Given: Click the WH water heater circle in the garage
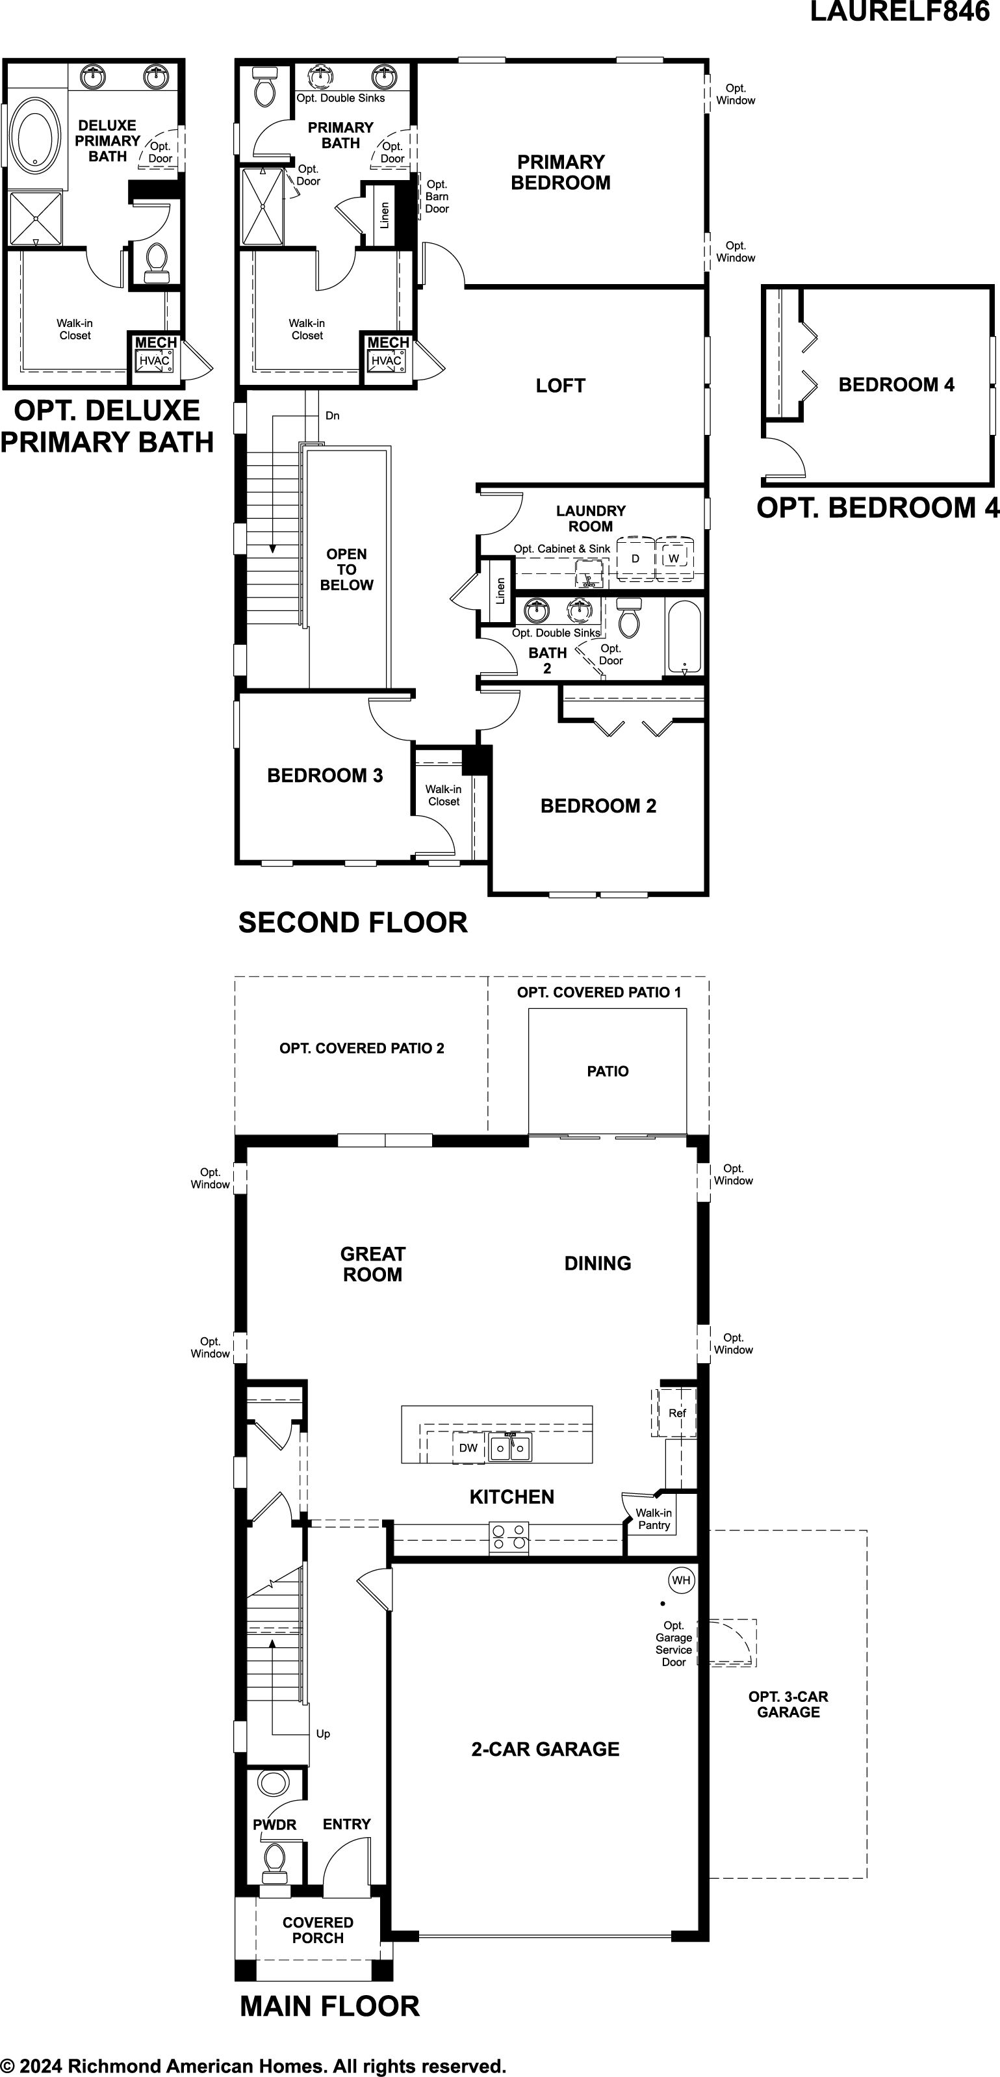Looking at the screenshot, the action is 681,1580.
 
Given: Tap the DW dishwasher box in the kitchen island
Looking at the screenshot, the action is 468,1447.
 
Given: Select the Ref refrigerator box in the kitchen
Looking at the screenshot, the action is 676,1413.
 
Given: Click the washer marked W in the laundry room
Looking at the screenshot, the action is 674,558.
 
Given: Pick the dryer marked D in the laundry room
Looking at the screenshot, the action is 635,558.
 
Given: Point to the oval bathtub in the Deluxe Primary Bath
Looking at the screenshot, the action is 34,135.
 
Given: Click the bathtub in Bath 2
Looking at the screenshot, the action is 685,637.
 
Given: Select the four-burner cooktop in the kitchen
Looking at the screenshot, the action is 509,1537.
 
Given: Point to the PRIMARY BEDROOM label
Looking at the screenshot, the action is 561,172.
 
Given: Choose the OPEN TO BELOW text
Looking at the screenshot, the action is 346,569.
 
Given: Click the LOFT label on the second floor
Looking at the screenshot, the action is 560,385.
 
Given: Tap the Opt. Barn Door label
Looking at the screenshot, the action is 437,196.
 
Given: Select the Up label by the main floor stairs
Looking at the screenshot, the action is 323,1734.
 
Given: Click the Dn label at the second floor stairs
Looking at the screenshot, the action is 332,416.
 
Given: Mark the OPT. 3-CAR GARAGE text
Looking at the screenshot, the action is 788,1704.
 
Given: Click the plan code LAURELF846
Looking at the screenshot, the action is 899,12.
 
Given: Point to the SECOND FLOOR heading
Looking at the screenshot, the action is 353,922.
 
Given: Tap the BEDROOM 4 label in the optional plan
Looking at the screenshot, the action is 896,385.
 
